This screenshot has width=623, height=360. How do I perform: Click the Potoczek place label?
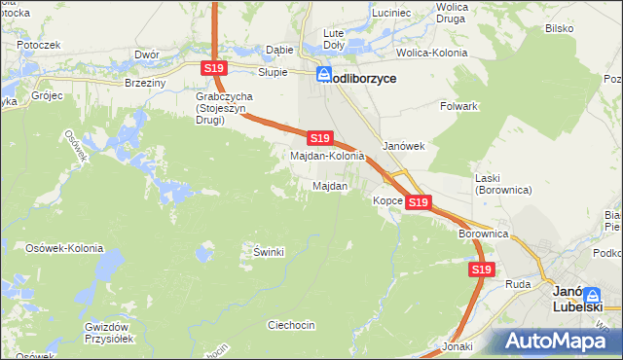click(39, 45)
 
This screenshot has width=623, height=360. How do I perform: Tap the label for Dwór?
click(147, 55)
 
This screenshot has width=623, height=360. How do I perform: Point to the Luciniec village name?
click(389, 13)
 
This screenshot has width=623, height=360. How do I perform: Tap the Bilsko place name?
click(559, 29)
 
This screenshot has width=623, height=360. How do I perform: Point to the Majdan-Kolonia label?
click(328, 156)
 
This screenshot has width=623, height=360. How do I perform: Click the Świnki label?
click(269, 252)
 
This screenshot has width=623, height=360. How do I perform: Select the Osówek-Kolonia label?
click(65, 248)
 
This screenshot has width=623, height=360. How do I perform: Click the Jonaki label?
click(457, 346)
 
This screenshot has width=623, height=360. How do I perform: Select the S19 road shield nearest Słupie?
click(215, 68)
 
